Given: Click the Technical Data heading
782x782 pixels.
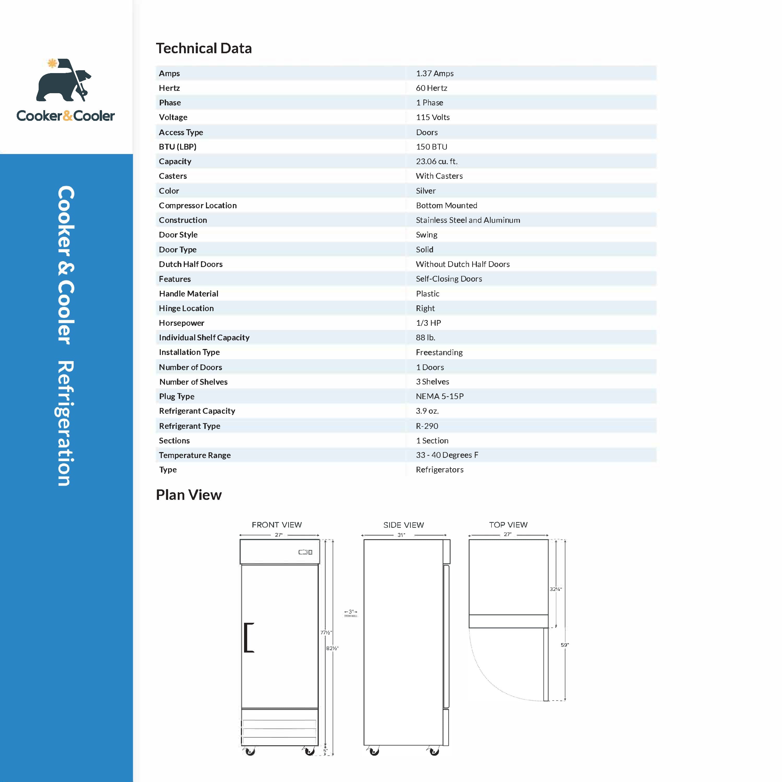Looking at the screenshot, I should click(204, 49).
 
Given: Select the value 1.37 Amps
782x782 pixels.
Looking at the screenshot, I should click(434, 73).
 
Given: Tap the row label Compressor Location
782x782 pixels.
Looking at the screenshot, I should click(198, 205).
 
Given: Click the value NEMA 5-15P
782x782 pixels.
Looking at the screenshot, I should click(440, 396).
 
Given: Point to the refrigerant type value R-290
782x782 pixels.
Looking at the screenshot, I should click(426, 426).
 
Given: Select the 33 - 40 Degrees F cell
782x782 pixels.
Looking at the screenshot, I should click(447, 455).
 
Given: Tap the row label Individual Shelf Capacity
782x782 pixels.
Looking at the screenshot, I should click(204, 337).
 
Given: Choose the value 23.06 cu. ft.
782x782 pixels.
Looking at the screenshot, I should click(436, 161).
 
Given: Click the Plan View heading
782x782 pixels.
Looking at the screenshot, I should click(189, 495).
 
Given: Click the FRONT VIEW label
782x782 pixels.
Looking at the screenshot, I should click(276, 525).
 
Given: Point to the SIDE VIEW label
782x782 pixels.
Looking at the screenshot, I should click(404, 525).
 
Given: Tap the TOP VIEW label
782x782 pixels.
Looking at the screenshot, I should click(508, 525).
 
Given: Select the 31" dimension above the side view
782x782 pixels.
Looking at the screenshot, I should click(401, 535).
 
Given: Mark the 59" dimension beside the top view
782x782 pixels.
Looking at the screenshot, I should click(565, 645).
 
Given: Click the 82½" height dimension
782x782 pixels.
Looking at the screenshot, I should click(332, 648).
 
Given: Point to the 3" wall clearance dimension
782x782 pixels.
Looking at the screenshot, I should click(351, 612).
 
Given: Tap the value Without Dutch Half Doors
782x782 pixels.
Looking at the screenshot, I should click(463, 264).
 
